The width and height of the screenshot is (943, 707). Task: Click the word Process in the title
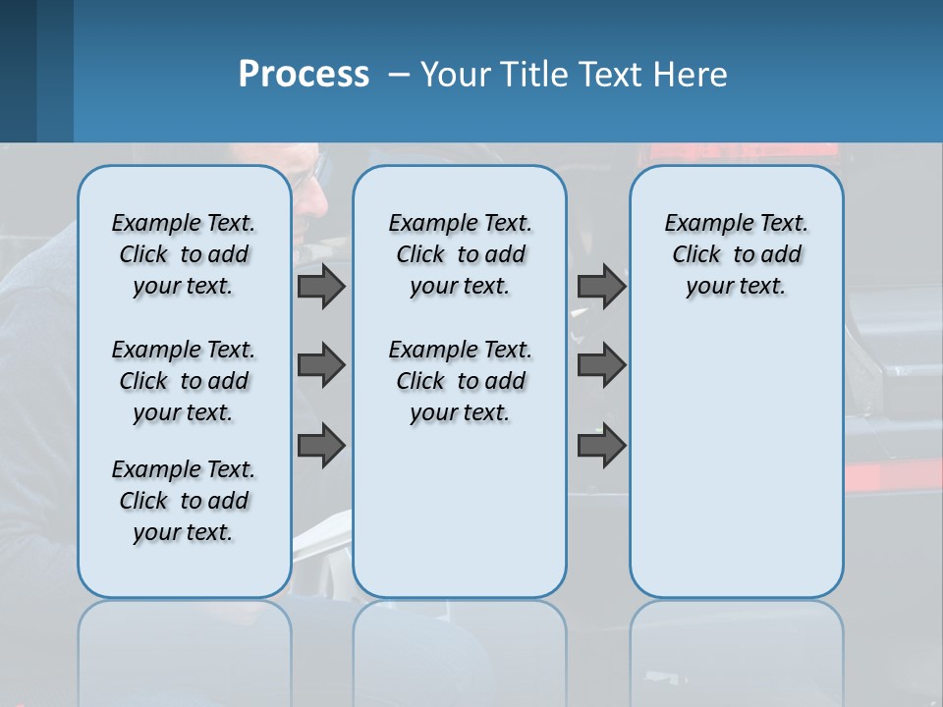pos(304,75)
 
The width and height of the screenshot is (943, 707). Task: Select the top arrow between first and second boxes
pos(321,286)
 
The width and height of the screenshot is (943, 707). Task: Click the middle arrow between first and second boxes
pos(321,365)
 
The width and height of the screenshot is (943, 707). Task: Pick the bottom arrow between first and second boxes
pos(321,445)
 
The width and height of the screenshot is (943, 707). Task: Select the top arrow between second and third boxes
pos(601,286)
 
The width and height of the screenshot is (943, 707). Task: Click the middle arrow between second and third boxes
pos(601,365)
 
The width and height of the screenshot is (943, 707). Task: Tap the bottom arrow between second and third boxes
pos(601,445)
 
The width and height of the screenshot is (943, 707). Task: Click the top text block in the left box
pos(184,254)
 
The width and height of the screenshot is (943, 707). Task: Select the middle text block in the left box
pos(184,381)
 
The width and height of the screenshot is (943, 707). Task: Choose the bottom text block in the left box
pos(184,501)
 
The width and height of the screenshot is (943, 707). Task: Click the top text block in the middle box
pos(460,254)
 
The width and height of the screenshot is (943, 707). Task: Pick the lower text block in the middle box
pos(460,381)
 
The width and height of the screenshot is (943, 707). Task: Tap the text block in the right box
pos(736,254)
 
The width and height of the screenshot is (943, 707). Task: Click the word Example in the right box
pos(699,224)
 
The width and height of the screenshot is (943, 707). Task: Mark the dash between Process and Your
pos(399,75)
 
